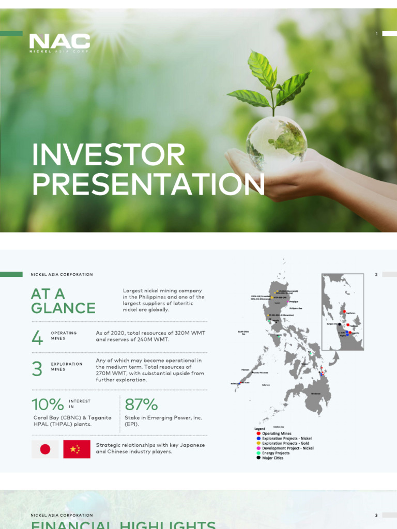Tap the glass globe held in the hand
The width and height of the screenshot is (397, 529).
(276, 138)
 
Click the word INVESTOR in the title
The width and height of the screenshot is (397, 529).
(108, 155)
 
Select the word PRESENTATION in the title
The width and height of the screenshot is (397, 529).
(148, 184)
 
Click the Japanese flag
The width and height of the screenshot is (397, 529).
(45, 449)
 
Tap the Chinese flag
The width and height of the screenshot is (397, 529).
(77, 449)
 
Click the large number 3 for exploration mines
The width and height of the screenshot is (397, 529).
(37, 369)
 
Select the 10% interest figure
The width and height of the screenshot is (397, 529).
(47, 404)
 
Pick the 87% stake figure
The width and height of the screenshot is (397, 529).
(141, 404)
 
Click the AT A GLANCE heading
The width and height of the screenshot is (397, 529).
(63, 301)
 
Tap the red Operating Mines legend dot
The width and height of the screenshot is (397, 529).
(258, 434)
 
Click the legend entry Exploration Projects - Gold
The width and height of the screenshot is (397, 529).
(286, 443)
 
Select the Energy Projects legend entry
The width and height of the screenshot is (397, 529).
(276, 453)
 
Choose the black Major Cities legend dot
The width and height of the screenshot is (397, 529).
(258, 458)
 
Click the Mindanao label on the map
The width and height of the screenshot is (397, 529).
(315, 394)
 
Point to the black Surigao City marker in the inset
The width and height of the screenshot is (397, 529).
(340, 324)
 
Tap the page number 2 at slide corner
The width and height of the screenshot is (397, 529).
(376, 275)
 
